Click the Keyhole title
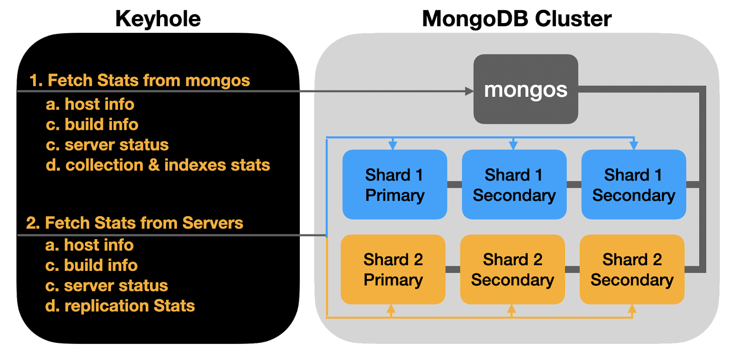[159, 19]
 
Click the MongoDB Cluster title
[517, 19]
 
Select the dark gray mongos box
[526, 89]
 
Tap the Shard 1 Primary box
[394, 185]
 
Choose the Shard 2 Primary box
[393, 270]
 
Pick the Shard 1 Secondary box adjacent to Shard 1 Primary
[514, 185]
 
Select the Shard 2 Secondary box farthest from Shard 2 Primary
[632, 270]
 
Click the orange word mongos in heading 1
[217, 81]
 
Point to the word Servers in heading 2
[212, 223]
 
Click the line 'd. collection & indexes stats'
[158, 165]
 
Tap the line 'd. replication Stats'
[120, 306]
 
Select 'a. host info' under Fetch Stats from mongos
[90, 104]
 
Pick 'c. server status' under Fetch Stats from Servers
[107, 286]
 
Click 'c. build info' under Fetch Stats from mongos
[92, 125]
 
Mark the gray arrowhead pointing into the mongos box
[469, 91]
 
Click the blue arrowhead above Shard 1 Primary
[393, 145]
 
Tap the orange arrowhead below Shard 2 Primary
[391, 309]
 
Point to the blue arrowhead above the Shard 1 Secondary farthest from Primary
[634, 145]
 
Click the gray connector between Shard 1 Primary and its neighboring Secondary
[454, 185]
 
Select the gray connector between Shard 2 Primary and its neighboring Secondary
[452, 270]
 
